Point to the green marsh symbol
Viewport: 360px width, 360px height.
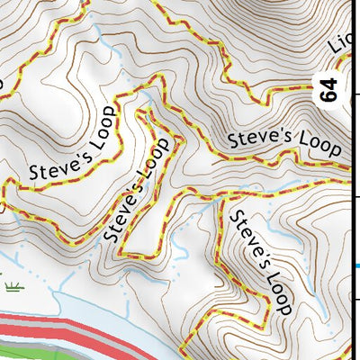(13, 287)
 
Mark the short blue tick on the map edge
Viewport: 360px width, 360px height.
(355, 265)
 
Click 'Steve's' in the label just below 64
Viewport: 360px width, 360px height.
(255, 139)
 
